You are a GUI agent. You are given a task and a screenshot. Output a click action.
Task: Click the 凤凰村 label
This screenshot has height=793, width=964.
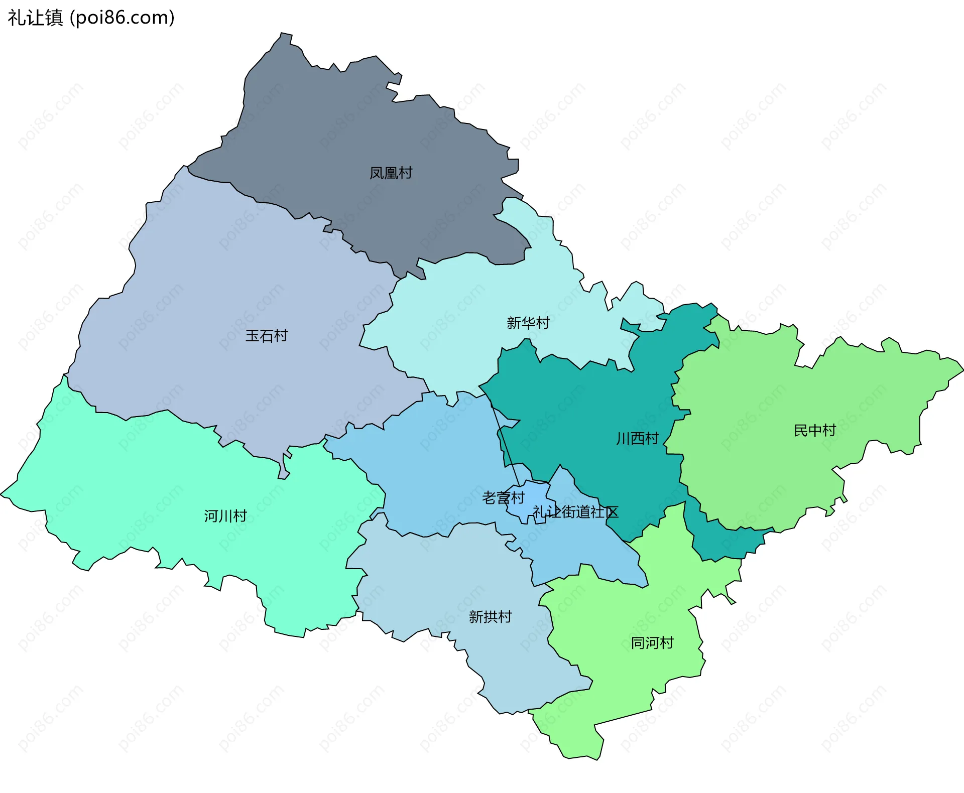[391, 173]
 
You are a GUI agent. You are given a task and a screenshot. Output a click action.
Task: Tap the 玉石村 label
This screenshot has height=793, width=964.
[266, 336]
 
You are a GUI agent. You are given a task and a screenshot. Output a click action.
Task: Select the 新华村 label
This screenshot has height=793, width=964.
[528, 323]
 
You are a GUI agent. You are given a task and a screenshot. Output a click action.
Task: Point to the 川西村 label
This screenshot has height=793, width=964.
[637, 439]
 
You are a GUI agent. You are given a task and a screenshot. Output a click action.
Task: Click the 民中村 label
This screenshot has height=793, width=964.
[814, 430]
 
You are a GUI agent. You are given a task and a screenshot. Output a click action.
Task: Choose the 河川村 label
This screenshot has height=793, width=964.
[225, 516]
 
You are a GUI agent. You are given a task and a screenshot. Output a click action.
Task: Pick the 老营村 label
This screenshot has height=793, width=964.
[503, 497]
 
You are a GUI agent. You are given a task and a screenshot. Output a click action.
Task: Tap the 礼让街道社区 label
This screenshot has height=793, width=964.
[575, 512]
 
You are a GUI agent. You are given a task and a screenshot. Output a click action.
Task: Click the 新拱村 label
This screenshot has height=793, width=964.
[490, 617]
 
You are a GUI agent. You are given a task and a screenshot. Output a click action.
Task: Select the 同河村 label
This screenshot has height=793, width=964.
[652, 643]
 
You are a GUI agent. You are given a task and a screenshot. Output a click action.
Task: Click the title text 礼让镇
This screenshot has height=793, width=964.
[35, 18]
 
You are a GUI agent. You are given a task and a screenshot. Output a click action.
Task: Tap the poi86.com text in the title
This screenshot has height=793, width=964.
[122, 18]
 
